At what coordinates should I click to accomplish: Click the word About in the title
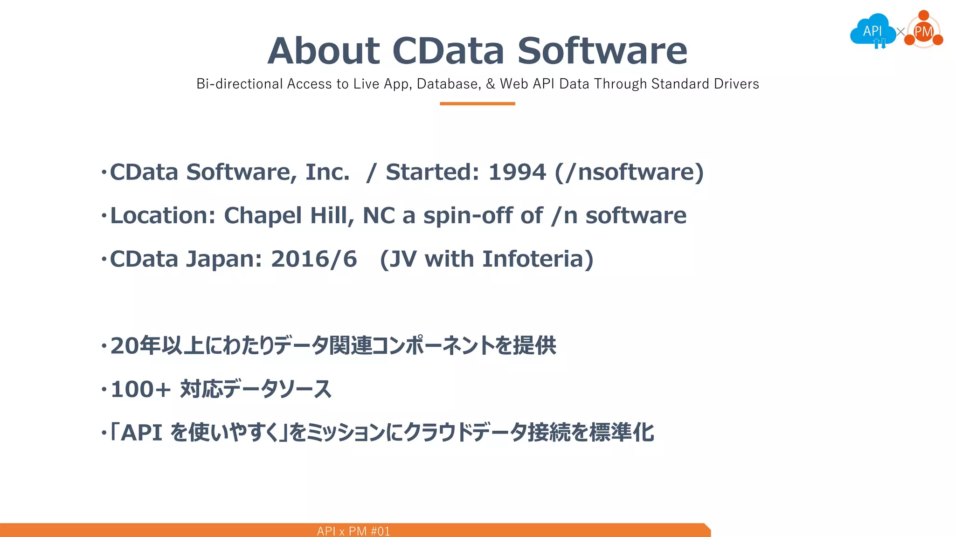click(x=324, y=51)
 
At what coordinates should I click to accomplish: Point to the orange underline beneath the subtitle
click(x=477, y=103)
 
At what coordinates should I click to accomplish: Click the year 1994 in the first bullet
click(x=517, y=172)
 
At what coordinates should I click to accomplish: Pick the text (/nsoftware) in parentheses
click(x=629, y=172)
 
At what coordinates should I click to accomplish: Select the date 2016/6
click(x=314, y=259)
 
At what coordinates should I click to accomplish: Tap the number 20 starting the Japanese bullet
click(x=125, y=346)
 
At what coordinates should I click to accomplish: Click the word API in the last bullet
click(x=141, y=433)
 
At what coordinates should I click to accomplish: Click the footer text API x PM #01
click(x=353, y=531)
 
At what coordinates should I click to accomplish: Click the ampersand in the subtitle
click(x=490, y=84)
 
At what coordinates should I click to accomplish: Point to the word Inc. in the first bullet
click(x=327, y=172)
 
